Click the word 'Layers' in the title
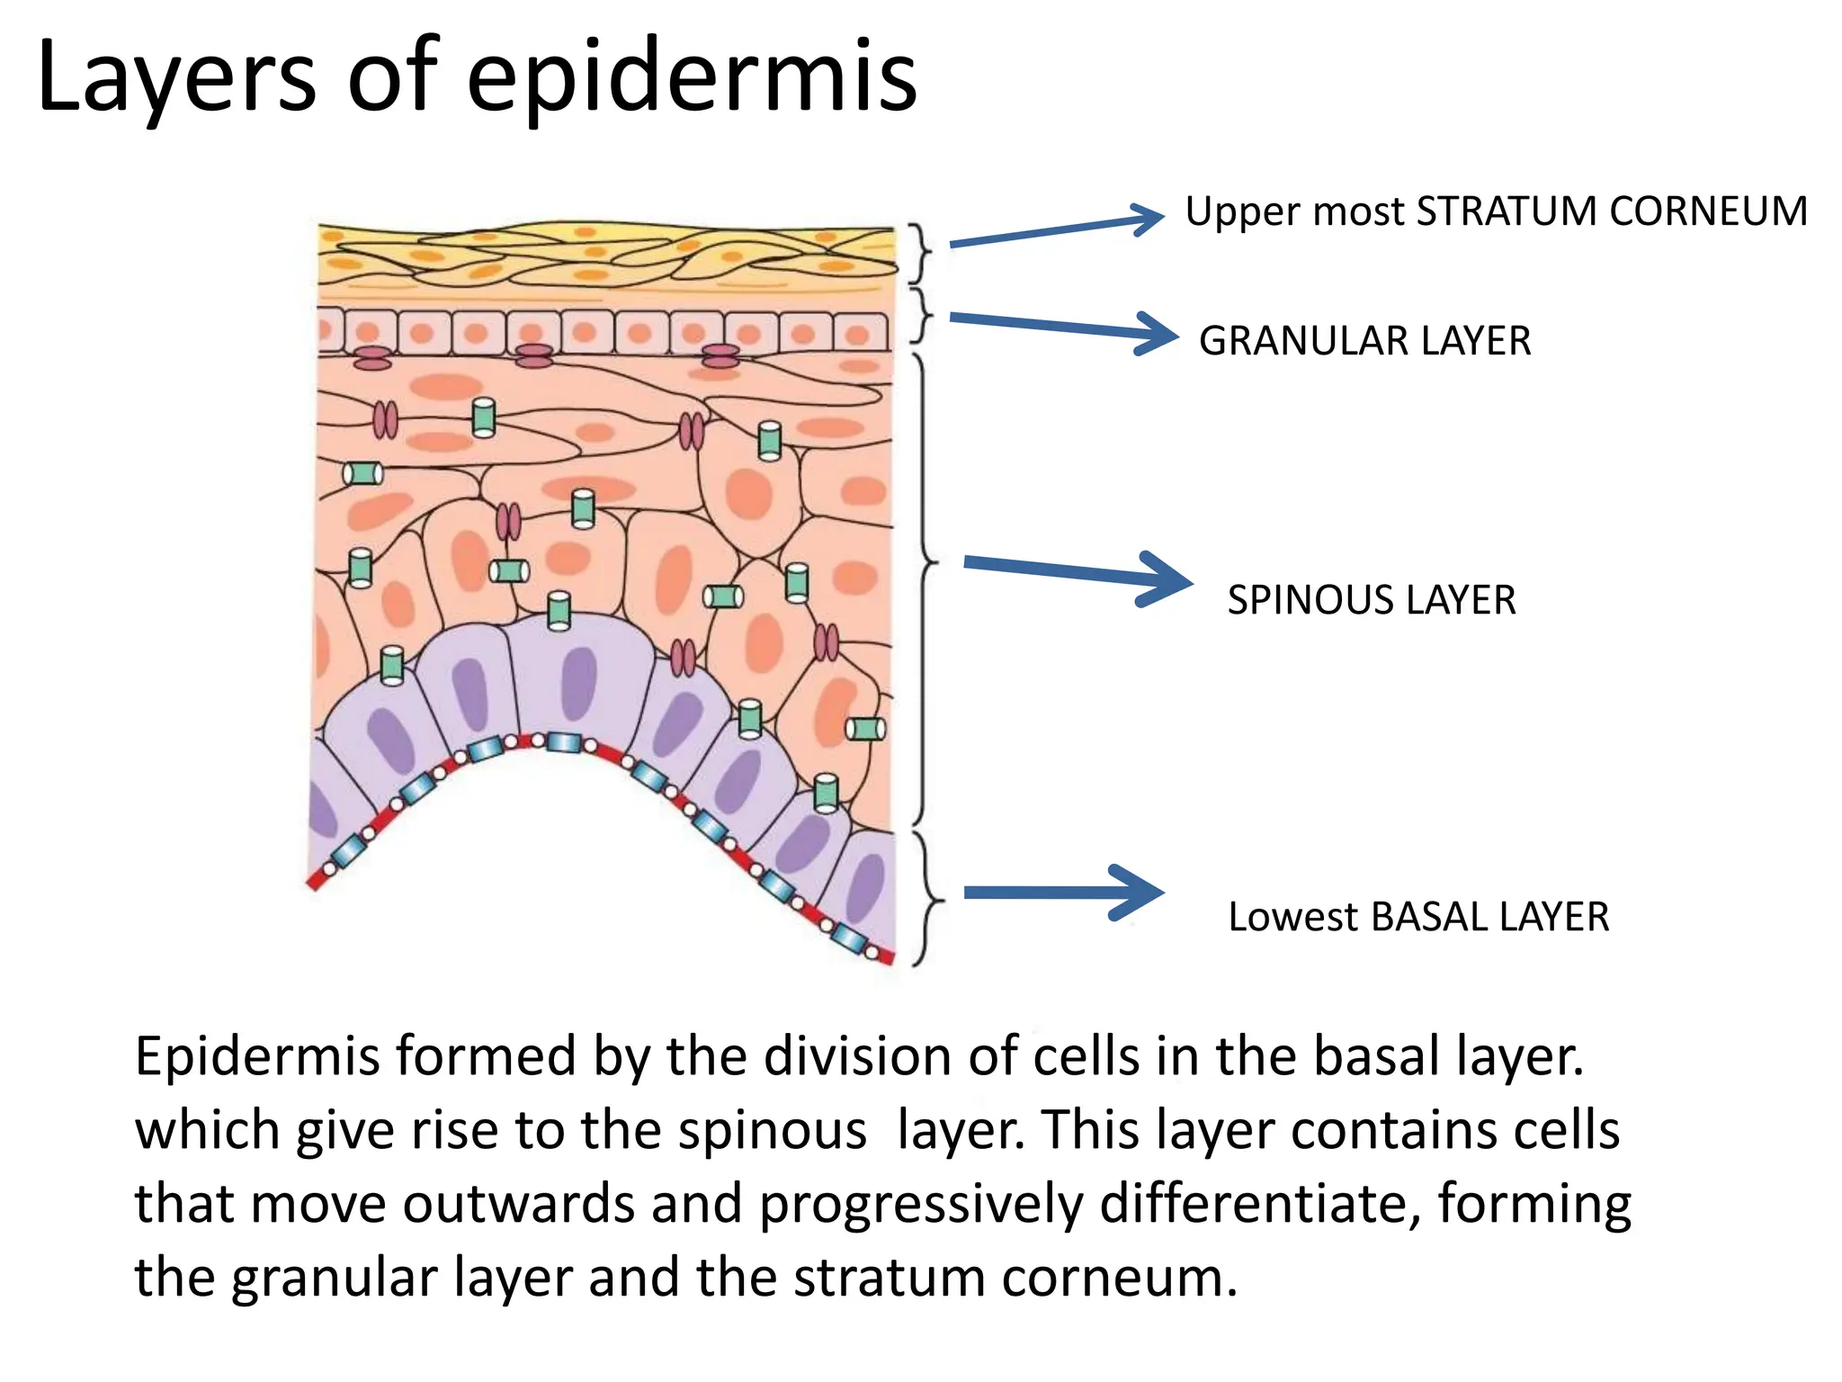click(176, 79)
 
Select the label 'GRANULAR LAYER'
click(1364, 341)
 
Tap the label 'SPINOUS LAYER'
click(1372, 600)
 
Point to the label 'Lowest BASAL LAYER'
click(1418, 917)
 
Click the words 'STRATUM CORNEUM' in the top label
click(1611, 211)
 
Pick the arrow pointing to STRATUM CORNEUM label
click(1057, 230)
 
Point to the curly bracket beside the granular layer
click(923, 315)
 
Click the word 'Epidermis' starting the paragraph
click(255, 1056)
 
